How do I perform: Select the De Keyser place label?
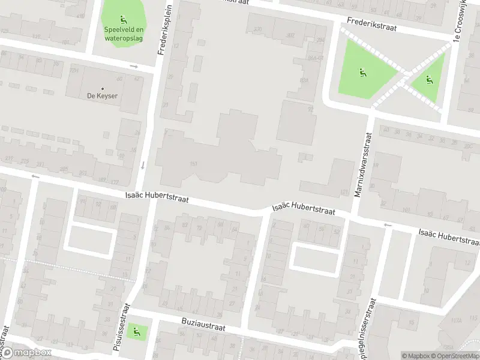point(101,95)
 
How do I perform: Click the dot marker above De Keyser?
point(102,88)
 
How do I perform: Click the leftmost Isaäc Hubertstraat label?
point(157,199)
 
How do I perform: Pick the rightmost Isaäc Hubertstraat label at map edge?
point(449,236)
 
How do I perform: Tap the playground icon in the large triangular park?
point(362,73)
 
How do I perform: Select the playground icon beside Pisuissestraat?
point(137,330)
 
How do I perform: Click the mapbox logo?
point(26,353)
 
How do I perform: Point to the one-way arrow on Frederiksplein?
point(143,165)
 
